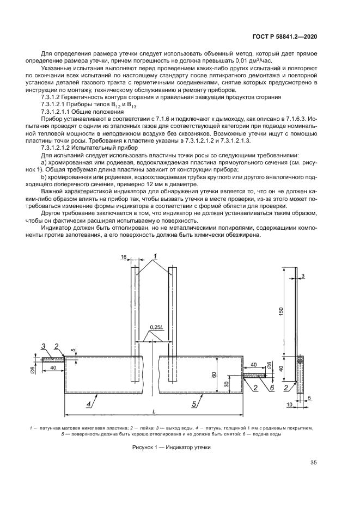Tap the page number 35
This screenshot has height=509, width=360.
313,463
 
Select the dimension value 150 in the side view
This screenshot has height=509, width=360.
281,311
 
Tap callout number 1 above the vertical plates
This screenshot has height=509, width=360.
155,255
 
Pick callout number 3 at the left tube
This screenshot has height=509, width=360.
43,346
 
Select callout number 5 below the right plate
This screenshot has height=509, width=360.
194,404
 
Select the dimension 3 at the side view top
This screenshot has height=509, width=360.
303,276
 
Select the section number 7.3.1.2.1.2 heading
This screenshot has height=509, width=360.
90,147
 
